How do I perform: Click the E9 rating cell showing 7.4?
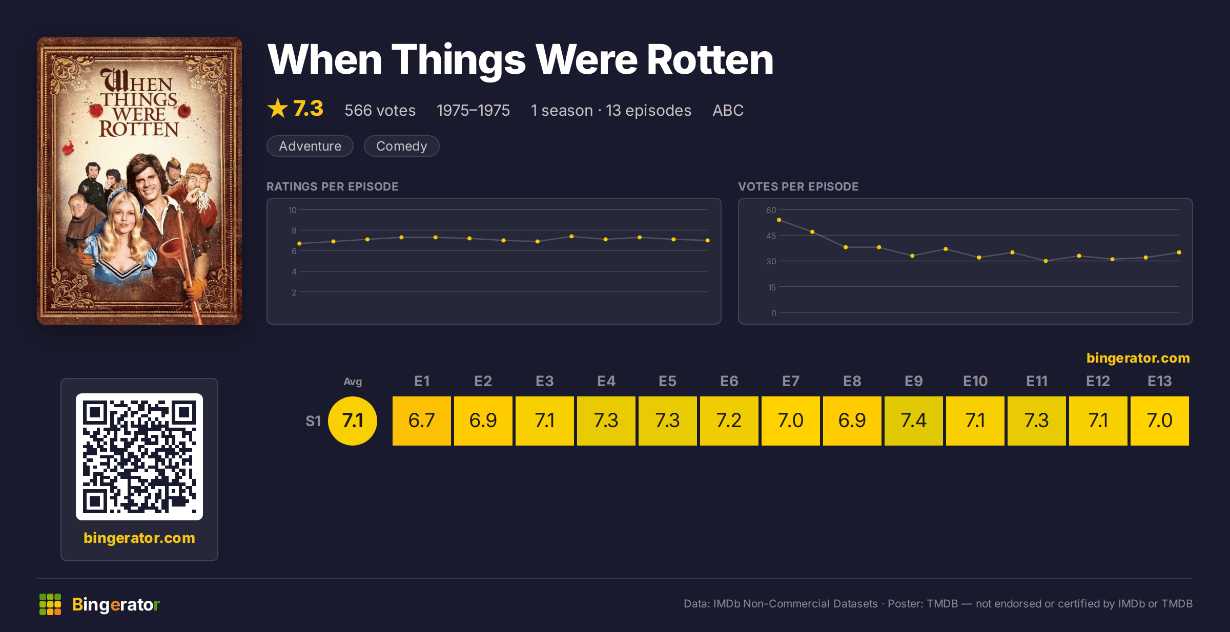coord(913,420)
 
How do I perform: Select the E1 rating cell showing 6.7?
coord(421,420)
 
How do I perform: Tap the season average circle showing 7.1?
coord(353,420)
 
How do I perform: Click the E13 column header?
coord(1159,381)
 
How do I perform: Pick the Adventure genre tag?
coord(310,146)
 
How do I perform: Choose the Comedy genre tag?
coord(401,146)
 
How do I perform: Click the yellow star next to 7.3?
coord(278,108)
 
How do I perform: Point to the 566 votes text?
coord(380,110)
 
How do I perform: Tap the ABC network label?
coord(728,110)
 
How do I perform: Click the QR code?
coord(139,457)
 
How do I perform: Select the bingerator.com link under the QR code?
coord(139,538)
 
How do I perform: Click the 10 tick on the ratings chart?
coord(293,210)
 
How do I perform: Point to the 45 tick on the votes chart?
coord(771,236)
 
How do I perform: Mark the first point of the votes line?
coord(779,220)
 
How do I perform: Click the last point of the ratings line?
coord(707,240)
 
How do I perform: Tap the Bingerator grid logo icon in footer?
coord(50,604)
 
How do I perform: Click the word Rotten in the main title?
coord(710,60)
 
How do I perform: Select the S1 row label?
coord(313,421)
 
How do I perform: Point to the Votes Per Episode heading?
coord(798,186)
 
